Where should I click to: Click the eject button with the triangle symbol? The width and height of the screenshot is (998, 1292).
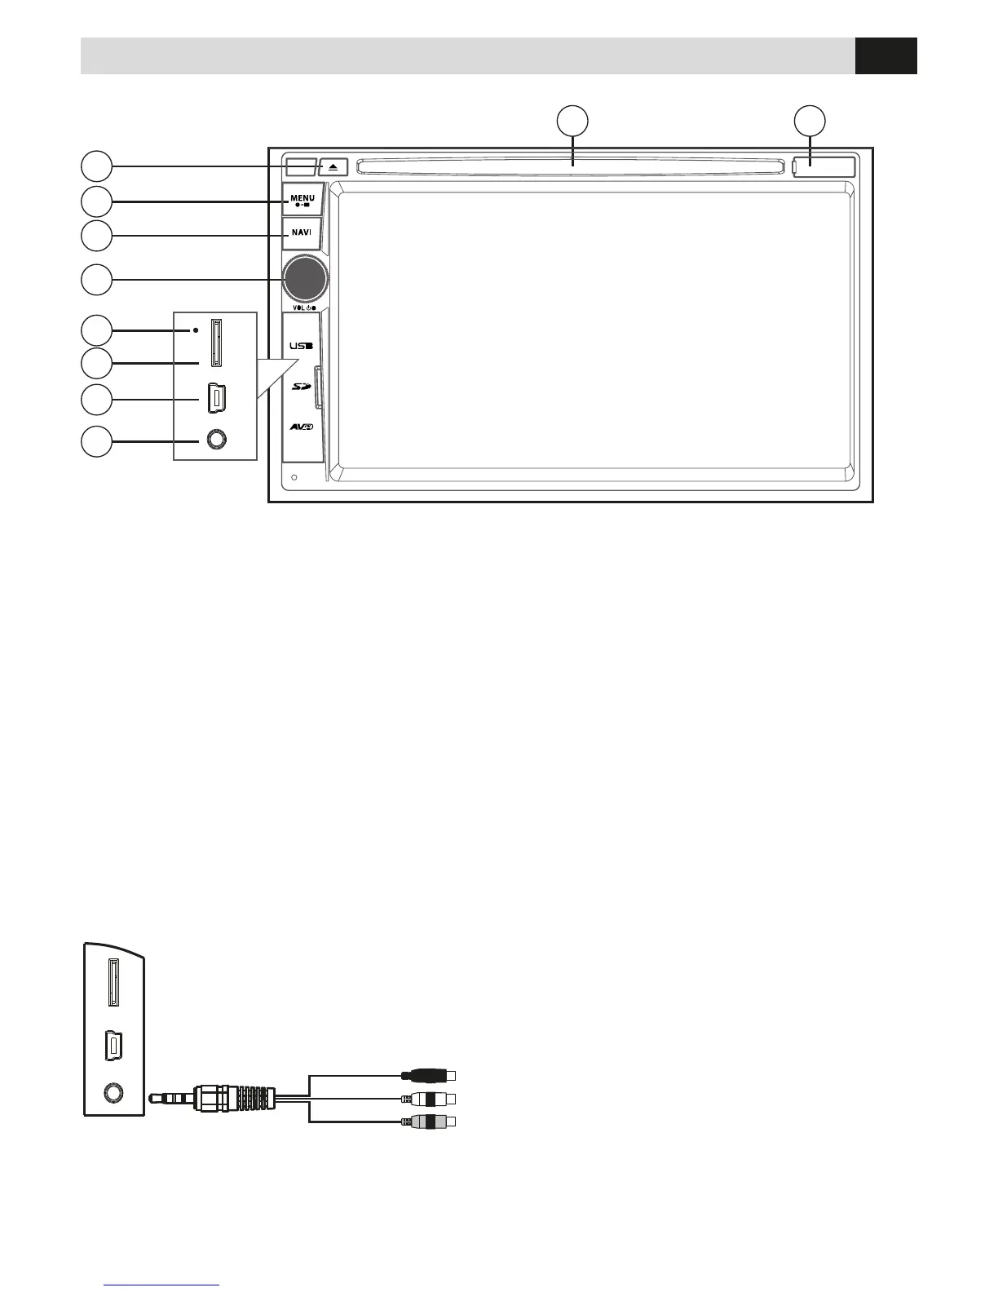tap(333, 166)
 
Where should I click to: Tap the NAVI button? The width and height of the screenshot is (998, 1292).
tap(302, 232)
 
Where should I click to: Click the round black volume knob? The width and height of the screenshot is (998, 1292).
tap(306, 278)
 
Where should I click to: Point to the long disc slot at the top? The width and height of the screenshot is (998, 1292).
tap(571, 166)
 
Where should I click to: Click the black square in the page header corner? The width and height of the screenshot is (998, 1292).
tap(885, 55)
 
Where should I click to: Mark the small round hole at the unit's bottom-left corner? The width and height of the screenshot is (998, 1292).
tap(294, 478)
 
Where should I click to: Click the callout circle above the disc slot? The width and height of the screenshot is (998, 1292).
tap(572, 120)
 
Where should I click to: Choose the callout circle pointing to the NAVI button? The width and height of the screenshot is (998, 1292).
tap(96, 236)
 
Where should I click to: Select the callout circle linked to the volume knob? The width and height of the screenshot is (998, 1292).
tap(96, 280)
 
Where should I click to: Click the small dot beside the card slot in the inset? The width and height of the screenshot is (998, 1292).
tap(196, 330)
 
